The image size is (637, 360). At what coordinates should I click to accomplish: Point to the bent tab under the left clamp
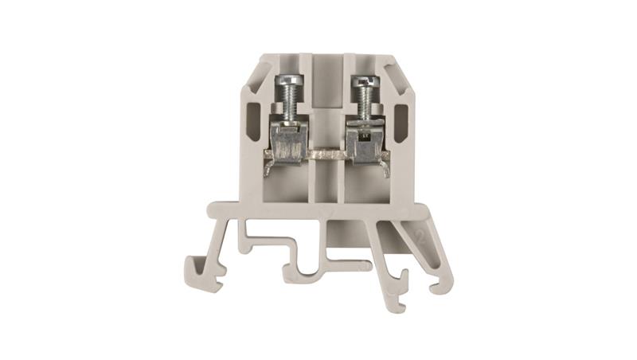[269, 168]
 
